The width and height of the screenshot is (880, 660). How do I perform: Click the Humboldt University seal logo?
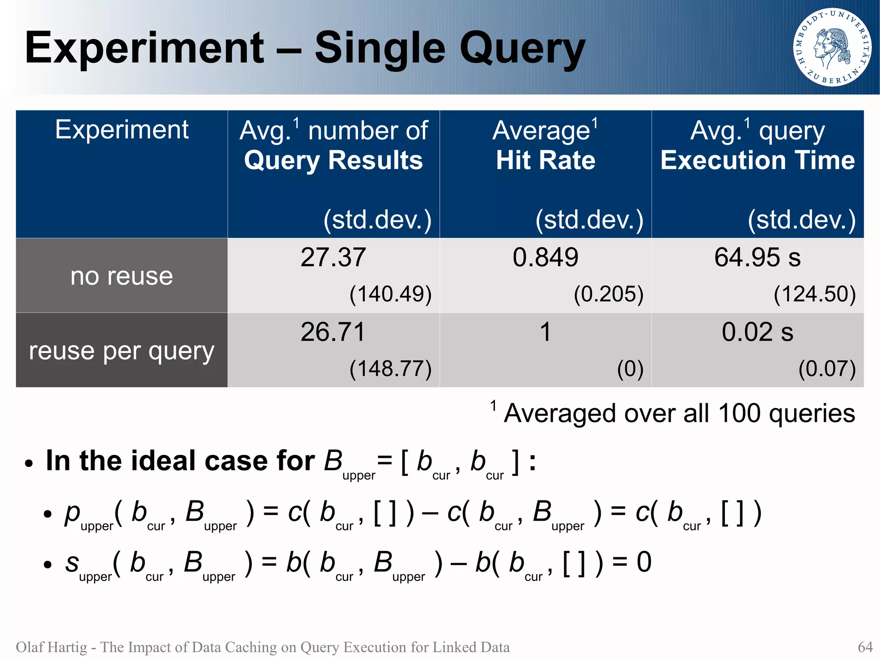tap(832, 47)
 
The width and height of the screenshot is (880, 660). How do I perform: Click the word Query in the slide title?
tap(522, 49)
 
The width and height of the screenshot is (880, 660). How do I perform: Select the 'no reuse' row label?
tap(122, 276)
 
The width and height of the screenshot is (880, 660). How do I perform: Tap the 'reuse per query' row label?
tap(122, 351)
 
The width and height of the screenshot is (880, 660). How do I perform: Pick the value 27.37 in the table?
tap(333, 258)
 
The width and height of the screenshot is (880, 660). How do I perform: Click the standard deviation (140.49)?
tap(390, 295)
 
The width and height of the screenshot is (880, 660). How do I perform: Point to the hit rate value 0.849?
tap(545, 258)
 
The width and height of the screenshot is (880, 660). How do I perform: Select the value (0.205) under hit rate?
tap(608, 295)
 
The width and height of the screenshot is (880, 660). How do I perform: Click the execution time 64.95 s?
tap(757, 258)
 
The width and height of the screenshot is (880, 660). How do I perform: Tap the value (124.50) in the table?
tap(815, 295)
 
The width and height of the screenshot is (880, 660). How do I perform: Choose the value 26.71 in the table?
tap(333, 332)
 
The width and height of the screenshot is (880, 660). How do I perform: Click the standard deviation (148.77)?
tap(390, 369)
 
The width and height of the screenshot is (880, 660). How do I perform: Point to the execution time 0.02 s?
tap(757, 332)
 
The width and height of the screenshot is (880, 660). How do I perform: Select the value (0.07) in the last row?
tap(827, 369)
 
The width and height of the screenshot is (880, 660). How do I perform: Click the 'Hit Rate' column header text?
tap(545, 160)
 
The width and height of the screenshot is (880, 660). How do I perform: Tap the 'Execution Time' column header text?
tap(758, 160)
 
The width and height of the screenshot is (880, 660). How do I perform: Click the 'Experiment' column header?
tap(122, 129)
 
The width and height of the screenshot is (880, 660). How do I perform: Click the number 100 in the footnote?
tap(739, 413)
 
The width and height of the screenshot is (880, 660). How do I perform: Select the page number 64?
tap(865, 647)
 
